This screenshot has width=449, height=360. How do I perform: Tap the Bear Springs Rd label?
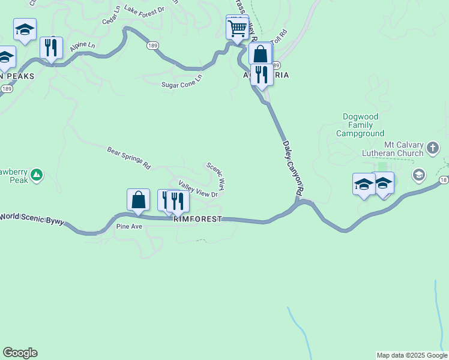pos(128,158)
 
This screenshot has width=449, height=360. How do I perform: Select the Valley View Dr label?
pos(197,189)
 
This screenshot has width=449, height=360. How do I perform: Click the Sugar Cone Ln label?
pos(182,81)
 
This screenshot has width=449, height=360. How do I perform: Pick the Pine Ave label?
pos(129,227)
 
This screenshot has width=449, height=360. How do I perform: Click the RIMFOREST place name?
pos(197,220)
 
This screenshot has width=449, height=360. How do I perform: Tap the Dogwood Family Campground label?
pos(363,125)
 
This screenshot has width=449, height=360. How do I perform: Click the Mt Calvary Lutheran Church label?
pos(404,149)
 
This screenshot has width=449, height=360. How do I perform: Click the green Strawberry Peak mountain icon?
pos(37,175)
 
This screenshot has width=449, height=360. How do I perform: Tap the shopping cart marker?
pos(237,28)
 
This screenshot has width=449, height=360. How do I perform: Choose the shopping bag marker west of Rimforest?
pos(138,200)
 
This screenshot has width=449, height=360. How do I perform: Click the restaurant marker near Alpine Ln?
pos(52,47)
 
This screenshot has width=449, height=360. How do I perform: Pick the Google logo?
pos(20,353)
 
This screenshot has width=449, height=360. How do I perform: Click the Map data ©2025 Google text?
pos(412,355)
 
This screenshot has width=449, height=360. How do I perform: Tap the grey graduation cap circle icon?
pos(418,175)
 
